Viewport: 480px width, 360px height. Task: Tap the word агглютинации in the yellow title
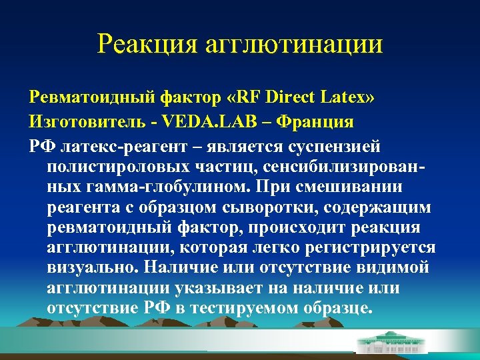pos(293,45)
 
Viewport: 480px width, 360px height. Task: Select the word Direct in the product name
pos(294,98)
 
